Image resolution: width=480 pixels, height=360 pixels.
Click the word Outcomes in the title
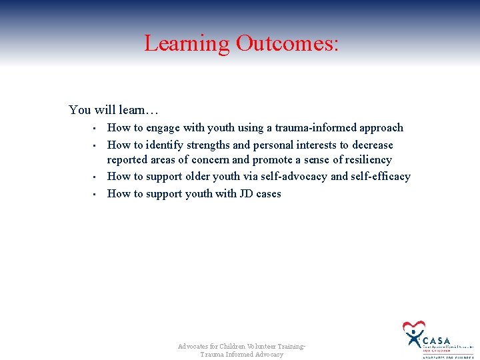[x=286, y=43]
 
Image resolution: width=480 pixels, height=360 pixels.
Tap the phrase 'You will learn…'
[x=113, y=109]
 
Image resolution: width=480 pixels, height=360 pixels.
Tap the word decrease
[x=371, y=145]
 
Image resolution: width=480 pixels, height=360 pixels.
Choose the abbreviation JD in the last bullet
[x=246, y=193]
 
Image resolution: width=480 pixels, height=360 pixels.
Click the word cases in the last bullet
[x=269, y=193]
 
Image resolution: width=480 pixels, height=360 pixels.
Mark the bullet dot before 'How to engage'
[x=95, y=128]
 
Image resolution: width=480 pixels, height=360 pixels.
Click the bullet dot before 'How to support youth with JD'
[x=95, y=194]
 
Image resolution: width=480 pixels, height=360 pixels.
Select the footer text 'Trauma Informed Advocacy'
[x=241, y=355]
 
